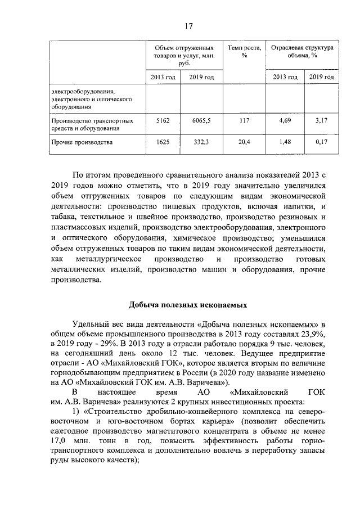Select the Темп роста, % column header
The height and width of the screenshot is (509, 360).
(245, 52)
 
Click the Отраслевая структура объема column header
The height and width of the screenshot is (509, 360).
(302, 52)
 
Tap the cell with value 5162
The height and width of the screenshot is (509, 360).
(163, 120)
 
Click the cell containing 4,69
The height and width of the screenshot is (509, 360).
(285, 120)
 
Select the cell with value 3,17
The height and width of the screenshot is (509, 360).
(322, 120)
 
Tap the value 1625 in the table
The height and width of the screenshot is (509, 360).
(163, 142)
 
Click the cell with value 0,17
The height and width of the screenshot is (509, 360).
(322, 142)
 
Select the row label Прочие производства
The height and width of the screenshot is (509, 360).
(82, 142)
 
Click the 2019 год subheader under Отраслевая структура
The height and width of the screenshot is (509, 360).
(322, 76)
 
